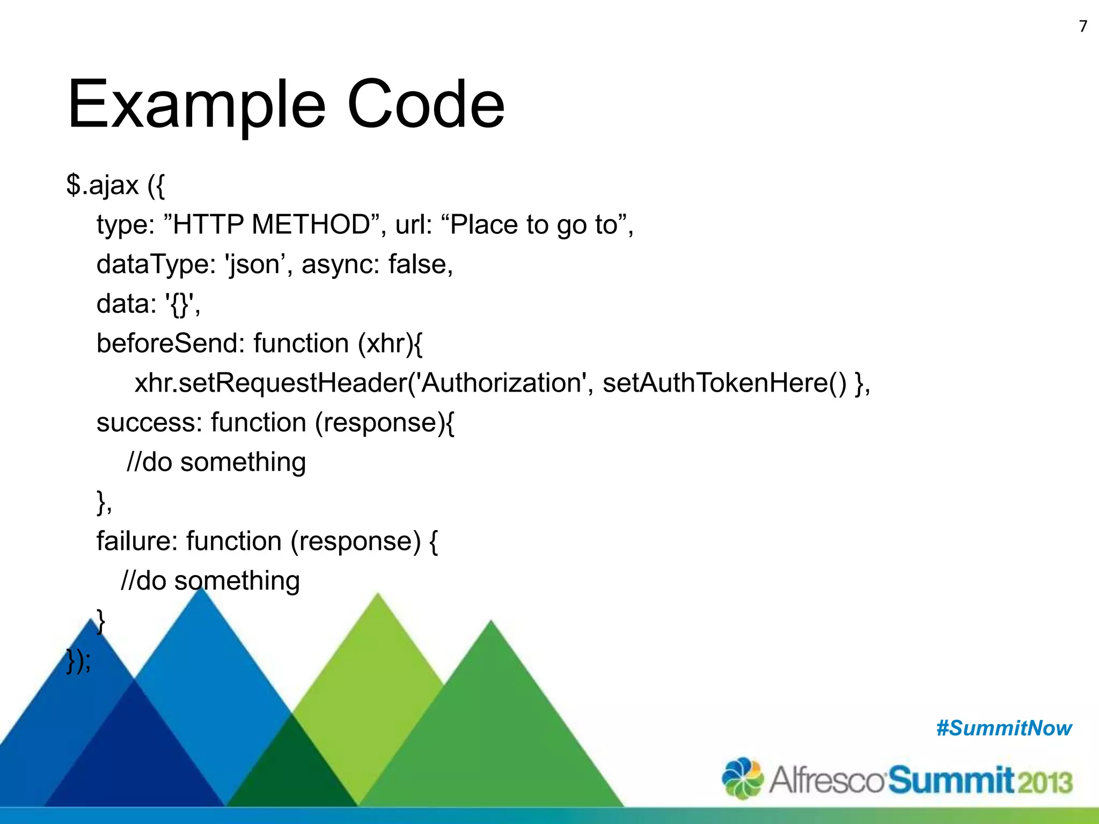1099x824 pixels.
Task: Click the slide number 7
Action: pos(1083,26)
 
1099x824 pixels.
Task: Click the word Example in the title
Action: pos(196,105)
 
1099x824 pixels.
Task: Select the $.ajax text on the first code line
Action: pos(102,185)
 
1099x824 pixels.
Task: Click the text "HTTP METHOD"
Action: pos(271,224)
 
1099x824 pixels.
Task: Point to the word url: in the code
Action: pos(414,224)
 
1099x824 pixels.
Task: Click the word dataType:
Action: pos(156,264)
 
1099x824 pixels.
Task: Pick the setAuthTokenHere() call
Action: pos(724,383)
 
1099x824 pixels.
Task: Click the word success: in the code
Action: pos(149,423)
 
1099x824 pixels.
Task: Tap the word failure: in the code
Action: pos(137,541)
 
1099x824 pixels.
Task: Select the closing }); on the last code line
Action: pos(79,661)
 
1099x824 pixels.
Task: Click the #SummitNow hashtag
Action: pos(1003,728)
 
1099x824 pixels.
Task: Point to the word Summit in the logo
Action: pos(950,779)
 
